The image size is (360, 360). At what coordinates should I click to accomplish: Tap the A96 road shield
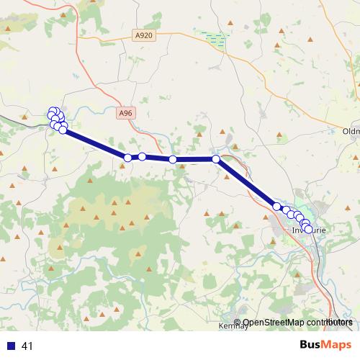click(x=126, y=113)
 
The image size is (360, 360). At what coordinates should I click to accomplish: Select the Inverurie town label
click(x=310, y=230)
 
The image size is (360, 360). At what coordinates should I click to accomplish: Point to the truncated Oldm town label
click(x=351, y=131)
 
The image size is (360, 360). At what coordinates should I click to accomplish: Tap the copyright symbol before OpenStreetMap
click(x=238, y=323)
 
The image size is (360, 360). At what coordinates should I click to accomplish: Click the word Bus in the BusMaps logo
click(x=310, y=345)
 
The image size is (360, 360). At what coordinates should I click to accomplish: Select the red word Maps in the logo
click(x=337, y=345)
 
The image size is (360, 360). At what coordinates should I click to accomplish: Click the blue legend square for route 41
click(x=11, y=346)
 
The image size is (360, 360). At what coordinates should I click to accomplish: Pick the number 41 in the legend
click(x=27, y=346)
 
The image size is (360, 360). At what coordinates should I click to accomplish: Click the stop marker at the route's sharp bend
click(x=216, y=158)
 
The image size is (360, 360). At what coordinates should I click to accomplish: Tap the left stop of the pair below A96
click(x=127, y=158)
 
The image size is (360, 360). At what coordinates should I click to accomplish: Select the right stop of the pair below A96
click(x=143, y=156)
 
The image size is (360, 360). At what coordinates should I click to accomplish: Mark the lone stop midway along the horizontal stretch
click(x=173, y=159)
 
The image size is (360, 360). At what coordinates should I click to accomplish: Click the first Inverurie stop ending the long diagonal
click(x=276, y=207)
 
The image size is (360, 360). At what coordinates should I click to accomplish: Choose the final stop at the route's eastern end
click(x=309, y=229)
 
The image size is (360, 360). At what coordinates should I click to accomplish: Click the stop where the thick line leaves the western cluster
click(x=63, y=130)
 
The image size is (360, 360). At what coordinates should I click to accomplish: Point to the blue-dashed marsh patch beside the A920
click(x=215, y=37)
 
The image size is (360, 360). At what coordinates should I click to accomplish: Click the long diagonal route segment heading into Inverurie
click(x=246, y=183)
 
